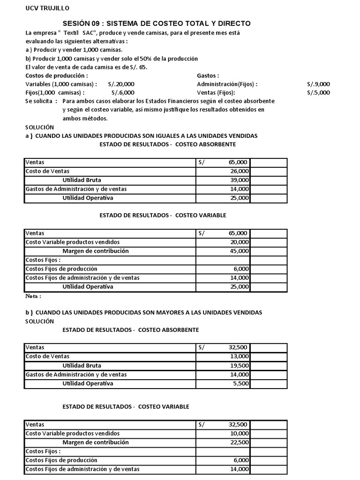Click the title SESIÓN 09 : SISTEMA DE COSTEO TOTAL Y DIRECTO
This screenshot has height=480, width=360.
click(157, 23)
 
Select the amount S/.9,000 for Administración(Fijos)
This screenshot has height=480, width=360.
click(318, 84)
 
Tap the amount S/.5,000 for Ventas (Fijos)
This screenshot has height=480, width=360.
click(318, 92)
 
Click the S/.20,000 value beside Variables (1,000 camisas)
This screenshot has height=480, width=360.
click(121, 84)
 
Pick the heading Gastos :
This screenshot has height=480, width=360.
click(208, 75)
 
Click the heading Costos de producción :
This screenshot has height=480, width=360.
click(56, 75)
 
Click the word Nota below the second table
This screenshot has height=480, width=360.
click(32, 296)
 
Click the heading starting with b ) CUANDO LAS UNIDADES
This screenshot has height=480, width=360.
click(143, 312)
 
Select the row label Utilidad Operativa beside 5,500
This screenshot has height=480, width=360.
click(88, 383)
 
